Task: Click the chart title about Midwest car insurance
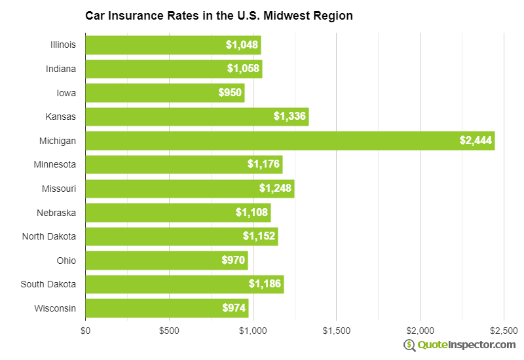[219, 16]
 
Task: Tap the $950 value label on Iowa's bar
[231, 93]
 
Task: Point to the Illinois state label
[63, 45]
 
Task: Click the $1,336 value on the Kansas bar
[289, 117]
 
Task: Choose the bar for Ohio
[166, 261]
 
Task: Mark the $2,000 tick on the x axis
[420, 331]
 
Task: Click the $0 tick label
[85, 331]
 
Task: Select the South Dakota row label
[49, 284]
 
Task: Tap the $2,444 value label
[475, 141]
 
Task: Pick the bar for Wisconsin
[167, 308]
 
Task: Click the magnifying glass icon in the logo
[410, 345]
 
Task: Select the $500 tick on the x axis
[169, 331]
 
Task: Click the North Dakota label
[49, 236]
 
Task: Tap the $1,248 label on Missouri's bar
[274, 189]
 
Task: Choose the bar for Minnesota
[183, 165]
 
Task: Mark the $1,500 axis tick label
[336, 331]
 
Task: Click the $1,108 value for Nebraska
[251, 213]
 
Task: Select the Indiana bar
[174, 69]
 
